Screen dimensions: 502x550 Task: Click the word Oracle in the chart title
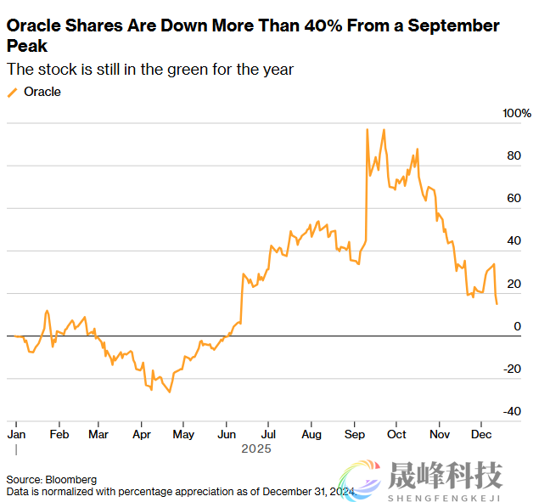pyautogui.click(x=31, y=25)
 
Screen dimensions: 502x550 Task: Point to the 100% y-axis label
pyautogui.click(x=517, y=114)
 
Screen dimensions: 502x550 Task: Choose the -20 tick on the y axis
pyautogui.click(x=513, y=369)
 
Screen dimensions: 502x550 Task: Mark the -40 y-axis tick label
pyautogui.click(x=513, y=411)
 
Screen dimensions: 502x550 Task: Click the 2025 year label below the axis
pyautogui.click(x=255, y=448)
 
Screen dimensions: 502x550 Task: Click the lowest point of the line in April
pyautogui.click(x=170, y=392)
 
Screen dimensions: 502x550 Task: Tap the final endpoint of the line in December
pyautogui.click(x=497, y=304)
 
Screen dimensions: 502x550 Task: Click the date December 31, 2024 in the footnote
pyautogui.click(x=309, y=491)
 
